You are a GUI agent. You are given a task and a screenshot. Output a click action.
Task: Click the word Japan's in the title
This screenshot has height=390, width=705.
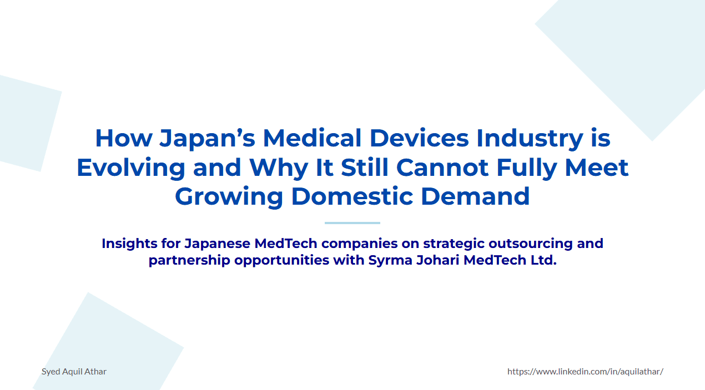(x=207, y=138)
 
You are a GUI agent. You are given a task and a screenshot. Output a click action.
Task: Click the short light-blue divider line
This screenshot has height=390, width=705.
(x=352, y=223)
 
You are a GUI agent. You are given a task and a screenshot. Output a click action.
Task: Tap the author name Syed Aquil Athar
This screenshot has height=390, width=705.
(x=74, y=372)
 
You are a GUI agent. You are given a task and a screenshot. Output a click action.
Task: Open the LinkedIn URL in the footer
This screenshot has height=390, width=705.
(x=585, y=372)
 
